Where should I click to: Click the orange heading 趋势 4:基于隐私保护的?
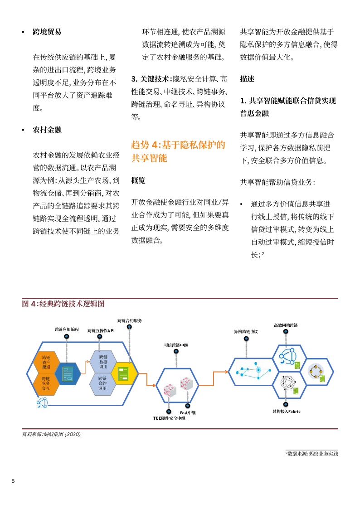coord(178,145)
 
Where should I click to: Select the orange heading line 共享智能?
coord(149,159)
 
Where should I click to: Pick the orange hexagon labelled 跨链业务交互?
coord(46,383)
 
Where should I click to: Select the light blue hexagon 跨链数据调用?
coord(103,362)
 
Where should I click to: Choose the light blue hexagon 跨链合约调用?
coord(103,383)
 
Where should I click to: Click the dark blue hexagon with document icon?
coord(68,373)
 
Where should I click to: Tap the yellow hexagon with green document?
coord(124,373)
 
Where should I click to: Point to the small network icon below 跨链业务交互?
coord(42,402)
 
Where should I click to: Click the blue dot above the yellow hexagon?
coord(129,326)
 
